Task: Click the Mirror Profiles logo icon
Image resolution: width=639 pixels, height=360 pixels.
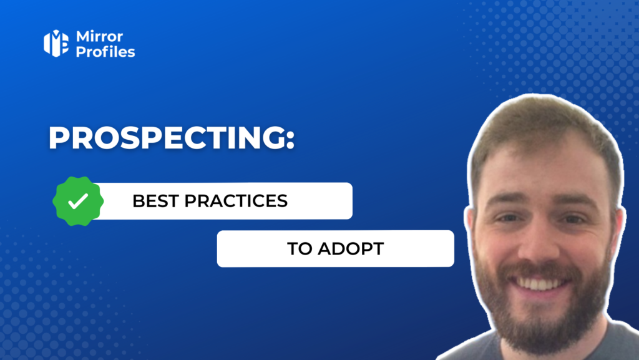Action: tap(56, 43)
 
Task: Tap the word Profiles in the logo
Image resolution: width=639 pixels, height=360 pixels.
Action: tap(105, 52)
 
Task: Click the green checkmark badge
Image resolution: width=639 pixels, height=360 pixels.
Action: tap(77, 201)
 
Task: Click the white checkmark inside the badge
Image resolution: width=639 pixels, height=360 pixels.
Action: tap(77, 201)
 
